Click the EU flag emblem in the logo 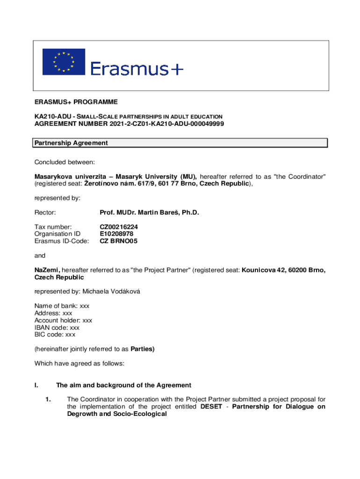tap(64, 62)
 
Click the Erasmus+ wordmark tap(137, 69)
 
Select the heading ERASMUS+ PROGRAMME tap(76, 102)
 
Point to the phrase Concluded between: tap(65, 162)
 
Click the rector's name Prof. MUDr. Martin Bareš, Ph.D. tap(149, 213)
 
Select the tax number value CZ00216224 tap(119, 227)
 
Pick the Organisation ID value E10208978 tap(116, 234)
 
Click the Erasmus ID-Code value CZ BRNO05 tap(119, 241)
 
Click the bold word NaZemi tap(47, 270)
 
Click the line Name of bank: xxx tap(62, 306)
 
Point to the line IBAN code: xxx tap(57, 327)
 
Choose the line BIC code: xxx tap(55, 334)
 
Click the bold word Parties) tap(142, 349)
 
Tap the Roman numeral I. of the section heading tap(36, 385)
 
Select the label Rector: tap(45, 213)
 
